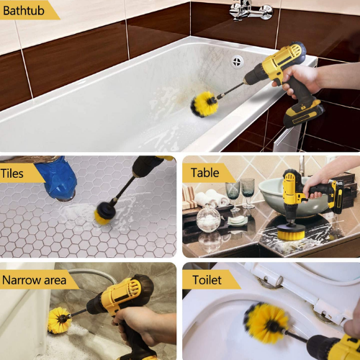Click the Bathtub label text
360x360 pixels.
(x=24, y=11)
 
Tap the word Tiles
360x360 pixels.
(x=12, y=174)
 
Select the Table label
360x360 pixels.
(x=204, y=173)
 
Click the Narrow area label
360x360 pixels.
(x=34, y=280)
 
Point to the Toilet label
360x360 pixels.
(x=207, y=280)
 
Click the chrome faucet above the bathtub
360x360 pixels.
(x=251, y=11)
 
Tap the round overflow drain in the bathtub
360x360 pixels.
(x=237, y=62)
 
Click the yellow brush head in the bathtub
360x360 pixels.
(x=204, y=104)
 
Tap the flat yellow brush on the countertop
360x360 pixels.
(x=291, y=232)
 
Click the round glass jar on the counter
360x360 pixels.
(x=208, y=218)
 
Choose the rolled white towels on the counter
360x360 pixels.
(x=211, y=198)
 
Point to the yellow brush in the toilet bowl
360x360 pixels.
(x=266, y=323)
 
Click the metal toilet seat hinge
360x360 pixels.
(x=270, y=282)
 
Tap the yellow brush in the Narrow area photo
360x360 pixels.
(x=58, y=320)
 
